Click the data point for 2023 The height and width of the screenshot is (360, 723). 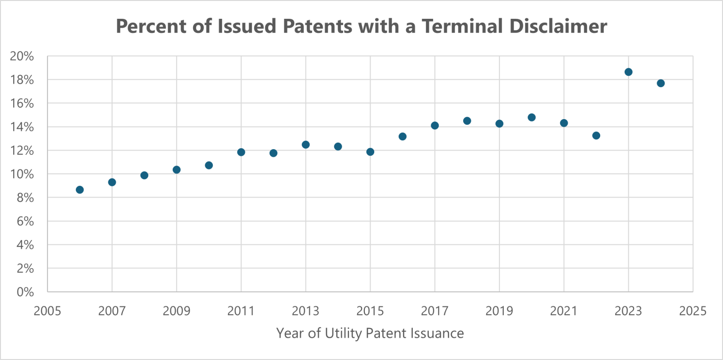click(628, 72)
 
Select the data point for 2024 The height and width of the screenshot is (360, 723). click(660, 83)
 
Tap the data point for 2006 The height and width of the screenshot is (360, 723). click(80, 190)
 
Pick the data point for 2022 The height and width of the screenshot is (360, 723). click(596, 136)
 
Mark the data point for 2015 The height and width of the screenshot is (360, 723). click(370, 152)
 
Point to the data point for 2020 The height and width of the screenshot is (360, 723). click(531, 117)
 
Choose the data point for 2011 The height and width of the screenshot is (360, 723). click(241, 152)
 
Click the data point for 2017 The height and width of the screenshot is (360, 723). click(434, 125)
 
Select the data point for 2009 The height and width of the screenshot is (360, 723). click(177, 169)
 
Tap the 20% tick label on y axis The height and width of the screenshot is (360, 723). click(22, 56)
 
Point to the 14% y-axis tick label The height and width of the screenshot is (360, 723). click(22, 127)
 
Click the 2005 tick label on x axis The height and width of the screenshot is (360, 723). click(48, 311)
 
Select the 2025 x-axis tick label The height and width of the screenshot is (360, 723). click(692, 311)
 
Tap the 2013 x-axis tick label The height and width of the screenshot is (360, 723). click(305, 311)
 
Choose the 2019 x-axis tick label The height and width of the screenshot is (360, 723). click(499, 311)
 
